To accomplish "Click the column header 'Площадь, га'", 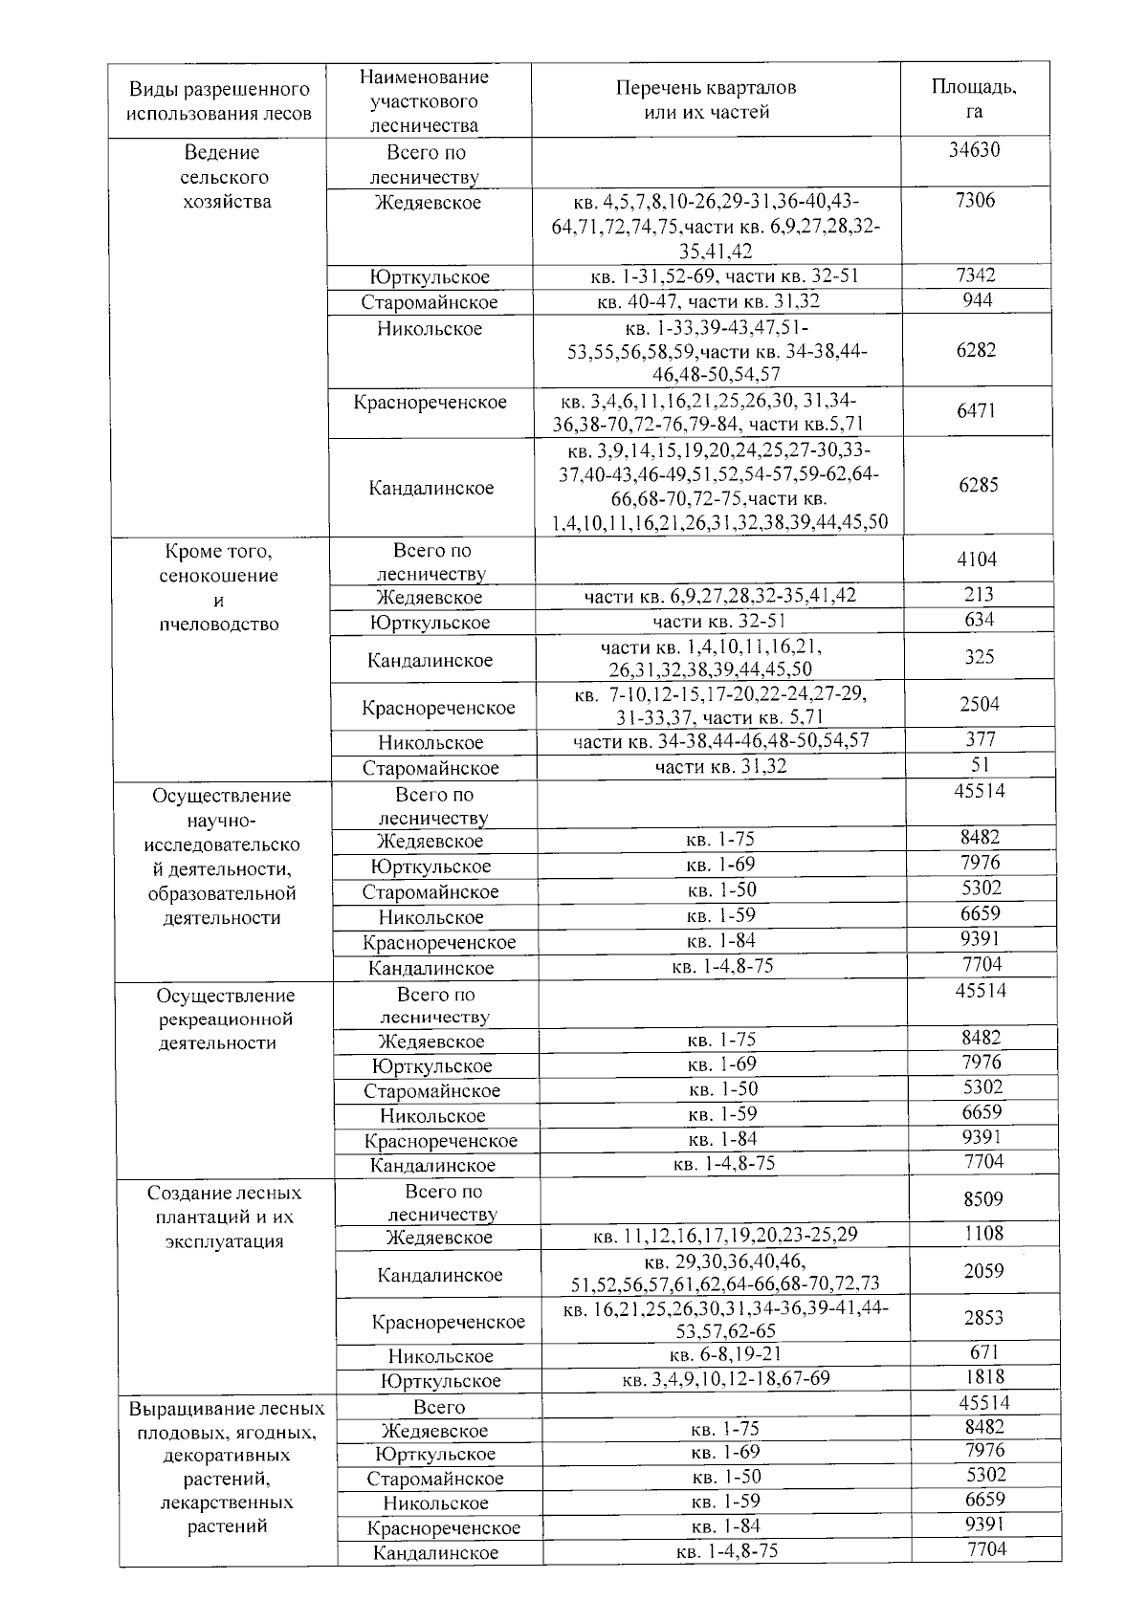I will (974, 99).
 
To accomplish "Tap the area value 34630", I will (974, 150).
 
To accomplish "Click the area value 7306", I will (975, 200).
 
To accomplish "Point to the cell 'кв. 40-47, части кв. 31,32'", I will (709, 301).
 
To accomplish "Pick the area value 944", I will (977, 300).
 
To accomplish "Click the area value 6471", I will (976, 411).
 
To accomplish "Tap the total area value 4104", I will (977, 559).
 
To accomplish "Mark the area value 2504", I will (979, 705).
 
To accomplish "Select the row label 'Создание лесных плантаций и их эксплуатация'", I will (224, 1217).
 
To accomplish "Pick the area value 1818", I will (984, 1377).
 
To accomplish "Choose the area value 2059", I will (983, 1271).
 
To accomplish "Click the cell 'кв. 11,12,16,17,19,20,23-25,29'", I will (726, 1236).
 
